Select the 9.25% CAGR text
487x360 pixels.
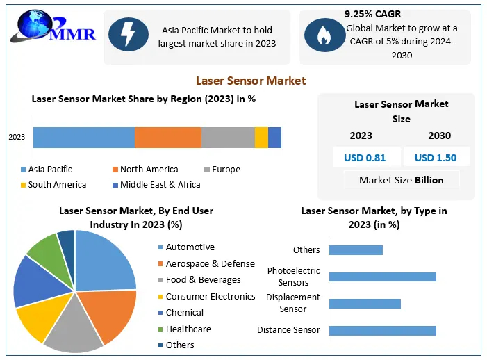[372, 14]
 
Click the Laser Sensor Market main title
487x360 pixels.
[251, 81]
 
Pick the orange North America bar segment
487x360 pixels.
[167, 138]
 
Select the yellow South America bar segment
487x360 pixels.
[261, 138]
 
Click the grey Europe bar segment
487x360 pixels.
[228, 138]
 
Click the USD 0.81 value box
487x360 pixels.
[365, 158]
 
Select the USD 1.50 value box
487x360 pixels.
[436, 158]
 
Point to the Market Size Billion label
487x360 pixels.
[401, 180]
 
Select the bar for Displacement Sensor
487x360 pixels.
[365, 304]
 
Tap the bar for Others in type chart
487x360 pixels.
[356, 249]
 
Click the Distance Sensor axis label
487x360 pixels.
[288, 330]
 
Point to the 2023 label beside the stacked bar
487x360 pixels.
[17, 138]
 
